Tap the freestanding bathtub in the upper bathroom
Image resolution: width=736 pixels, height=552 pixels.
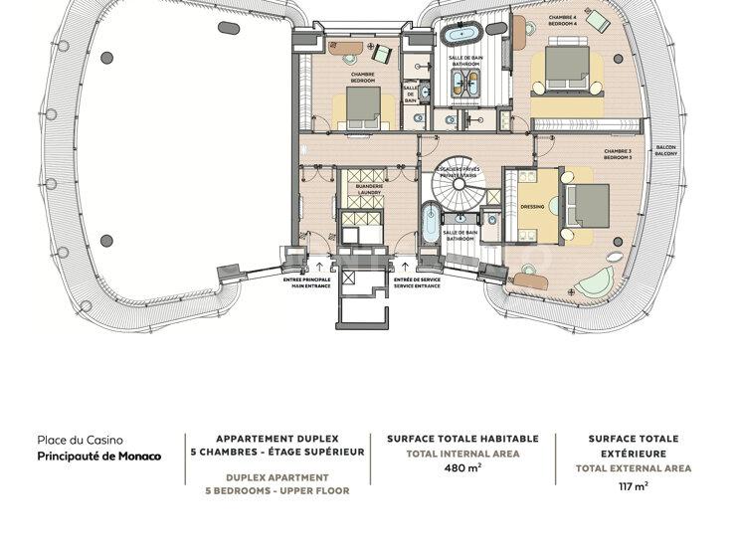coord(460,36)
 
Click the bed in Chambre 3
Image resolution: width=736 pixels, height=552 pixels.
coord(588,206)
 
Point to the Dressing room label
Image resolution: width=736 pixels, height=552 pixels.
coord(533,208)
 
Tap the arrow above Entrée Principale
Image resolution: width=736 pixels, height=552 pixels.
coord(319,266)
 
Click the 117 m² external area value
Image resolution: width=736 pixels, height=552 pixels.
coord(633,486)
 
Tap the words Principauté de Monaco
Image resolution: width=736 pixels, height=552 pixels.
coord(98,457)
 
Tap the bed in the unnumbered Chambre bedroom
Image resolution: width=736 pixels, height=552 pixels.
coord(363,103)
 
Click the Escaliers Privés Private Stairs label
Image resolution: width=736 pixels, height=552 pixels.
coord(458,173)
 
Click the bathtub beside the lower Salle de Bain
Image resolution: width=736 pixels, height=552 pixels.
coord(429,226)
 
